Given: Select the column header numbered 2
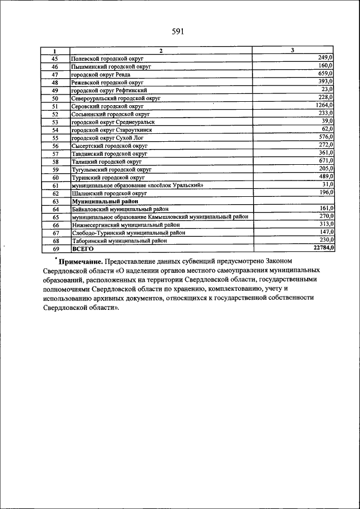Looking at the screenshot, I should pyautogui.click(x=160, y=51).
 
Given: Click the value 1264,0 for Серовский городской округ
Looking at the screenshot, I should pyautogui.click(x=324, y=105).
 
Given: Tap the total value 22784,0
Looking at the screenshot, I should pyautogui.click(x=322, y=247).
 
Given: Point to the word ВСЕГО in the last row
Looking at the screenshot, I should pyautogui.click(x=82, y=248).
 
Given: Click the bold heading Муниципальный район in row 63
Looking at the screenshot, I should pyautogui.click(x=105, y=201).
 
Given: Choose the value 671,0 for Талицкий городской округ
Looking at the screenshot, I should pyautogui.click(x=326, y=160).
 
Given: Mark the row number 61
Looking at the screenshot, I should pyautogui.click(x=55, y=185).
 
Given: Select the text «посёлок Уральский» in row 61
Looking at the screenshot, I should pyautogui.click(x=175, y=185).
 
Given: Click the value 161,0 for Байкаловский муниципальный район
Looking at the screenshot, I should pyautogui.click(x=326, y=208).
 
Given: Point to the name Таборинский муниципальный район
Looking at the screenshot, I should pyautogui.click(x=119, y=240).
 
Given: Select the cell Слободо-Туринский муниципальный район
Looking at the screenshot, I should pyautogui.click(x=127, y=232).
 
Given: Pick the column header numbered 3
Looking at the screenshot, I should pyautogui.click(x=292, y=51).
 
